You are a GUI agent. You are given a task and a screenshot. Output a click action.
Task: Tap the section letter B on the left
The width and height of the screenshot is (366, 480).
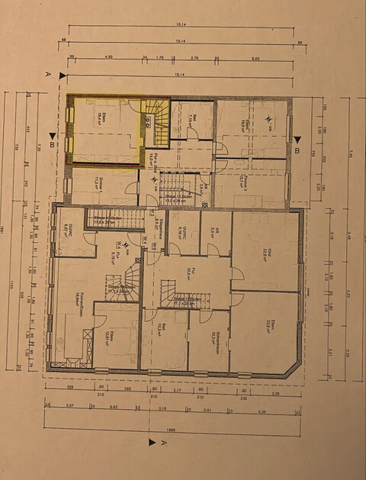click(x=51, y=143)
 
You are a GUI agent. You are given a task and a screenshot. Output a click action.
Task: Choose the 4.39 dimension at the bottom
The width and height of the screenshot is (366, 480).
click(x=262, y=410)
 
